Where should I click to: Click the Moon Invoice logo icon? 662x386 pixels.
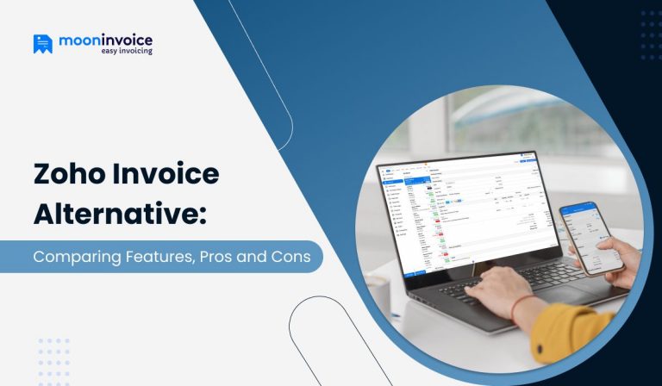click(43, 44)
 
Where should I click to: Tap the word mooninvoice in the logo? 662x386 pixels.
click(105, 40)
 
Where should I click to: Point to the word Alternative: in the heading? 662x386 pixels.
click(120, 215)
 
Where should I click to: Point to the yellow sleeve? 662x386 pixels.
click(569, 332)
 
